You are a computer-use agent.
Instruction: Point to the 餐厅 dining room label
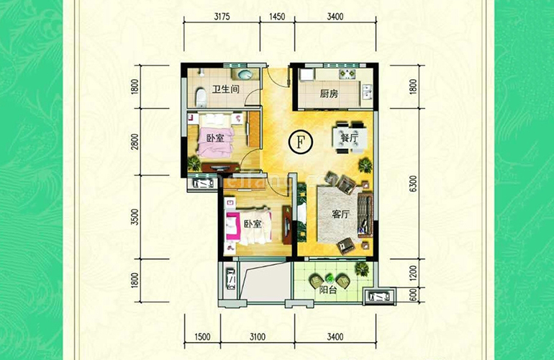[349, 139]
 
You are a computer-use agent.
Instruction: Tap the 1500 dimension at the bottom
[202, 336]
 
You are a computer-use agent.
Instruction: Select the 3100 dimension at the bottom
[258, 336]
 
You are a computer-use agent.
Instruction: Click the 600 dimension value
[413, 295]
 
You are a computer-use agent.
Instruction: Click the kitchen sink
[367, 92]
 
